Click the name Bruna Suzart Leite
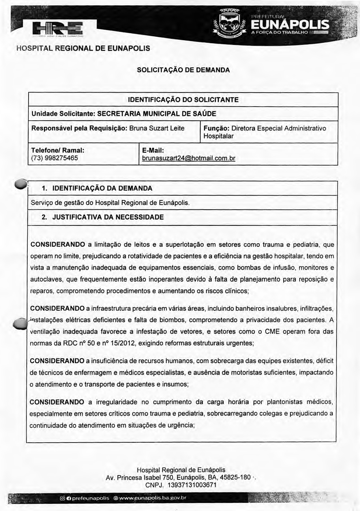(157, 128)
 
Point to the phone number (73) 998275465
(55, 158)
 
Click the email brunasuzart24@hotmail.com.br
(188, 158)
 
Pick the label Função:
(216, 128)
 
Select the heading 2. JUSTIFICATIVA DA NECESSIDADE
(103, 217)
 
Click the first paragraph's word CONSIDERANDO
(57, 244)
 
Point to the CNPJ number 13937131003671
(192, 485)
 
